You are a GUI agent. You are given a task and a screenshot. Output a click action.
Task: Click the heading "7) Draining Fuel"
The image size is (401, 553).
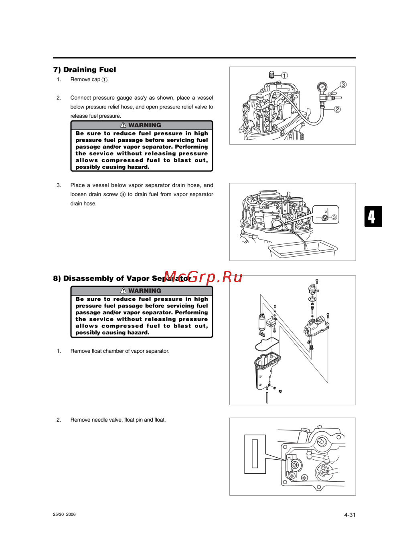(85, 70)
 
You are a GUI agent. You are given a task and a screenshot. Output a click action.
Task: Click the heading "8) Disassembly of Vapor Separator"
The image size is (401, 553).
(122, 278)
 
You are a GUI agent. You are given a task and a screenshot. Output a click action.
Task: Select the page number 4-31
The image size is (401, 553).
(350, 513)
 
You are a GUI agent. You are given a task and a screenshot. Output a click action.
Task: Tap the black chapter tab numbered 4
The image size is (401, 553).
(373, 217)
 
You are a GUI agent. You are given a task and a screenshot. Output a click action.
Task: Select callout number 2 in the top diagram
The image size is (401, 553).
(337, 109)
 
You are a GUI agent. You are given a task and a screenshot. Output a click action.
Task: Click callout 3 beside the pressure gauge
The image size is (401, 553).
(343, 84)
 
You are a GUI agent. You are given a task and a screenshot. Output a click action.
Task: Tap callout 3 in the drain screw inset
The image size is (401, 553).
(334, 217)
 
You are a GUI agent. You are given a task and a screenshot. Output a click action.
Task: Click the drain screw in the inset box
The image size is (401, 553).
(325, 217)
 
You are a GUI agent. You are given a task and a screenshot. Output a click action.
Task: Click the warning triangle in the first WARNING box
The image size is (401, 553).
(123, 125)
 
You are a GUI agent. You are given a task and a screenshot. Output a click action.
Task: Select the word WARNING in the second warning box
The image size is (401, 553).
(145, 291)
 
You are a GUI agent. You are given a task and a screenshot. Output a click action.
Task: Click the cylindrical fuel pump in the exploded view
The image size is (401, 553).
(261, 322)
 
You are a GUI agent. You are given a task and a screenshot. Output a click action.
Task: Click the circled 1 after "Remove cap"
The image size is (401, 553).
(105, 80)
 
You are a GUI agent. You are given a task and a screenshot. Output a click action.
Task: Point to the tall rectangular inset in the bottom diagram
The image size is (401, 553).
(255, 454)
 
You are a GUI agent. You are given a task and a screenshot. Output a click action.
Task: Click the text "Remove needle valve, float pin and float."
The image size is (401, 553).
(118, 420)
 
